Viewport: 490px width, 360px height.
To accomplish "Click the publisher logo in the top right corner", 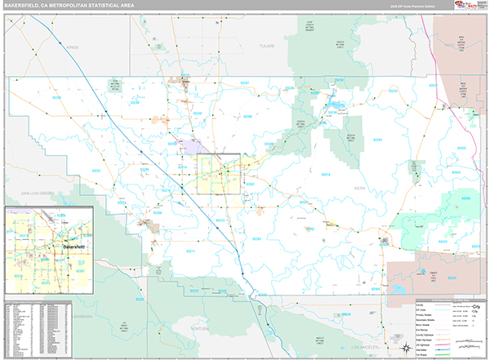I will tap(470, 6).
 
